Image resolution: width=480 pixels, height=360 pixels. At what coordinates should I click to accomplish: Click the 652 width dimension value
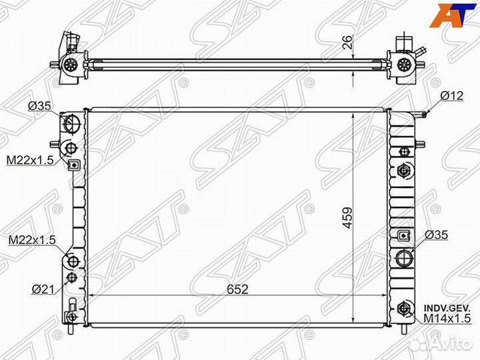pos(237,289)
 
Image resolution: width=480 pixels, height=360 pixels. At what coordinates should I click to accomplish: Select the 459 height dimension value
pos(347,218)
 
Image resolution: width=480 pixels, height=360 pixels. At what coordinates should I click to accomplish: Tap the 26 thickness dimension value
pos(348,42)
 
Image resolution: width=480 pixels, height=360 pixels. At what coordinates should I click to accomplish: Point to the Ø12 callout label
pos(452,95)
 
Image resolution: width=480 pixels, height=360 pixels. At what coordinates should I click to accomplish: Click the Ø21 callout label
pos(43,289)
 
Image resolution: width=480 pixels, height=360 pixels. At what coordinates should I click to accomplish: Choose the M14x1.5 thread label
pos(447,319)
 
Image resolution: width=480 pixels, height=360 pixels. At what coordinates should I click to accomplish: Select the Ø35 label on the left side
pos(39,106)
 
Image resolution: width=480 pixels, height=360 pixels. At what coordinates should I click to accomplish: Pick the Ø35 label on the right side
pos(436,235)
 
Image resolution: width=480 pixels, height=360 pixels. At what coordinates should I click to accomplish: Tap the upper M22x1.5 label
pos(30,160)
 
